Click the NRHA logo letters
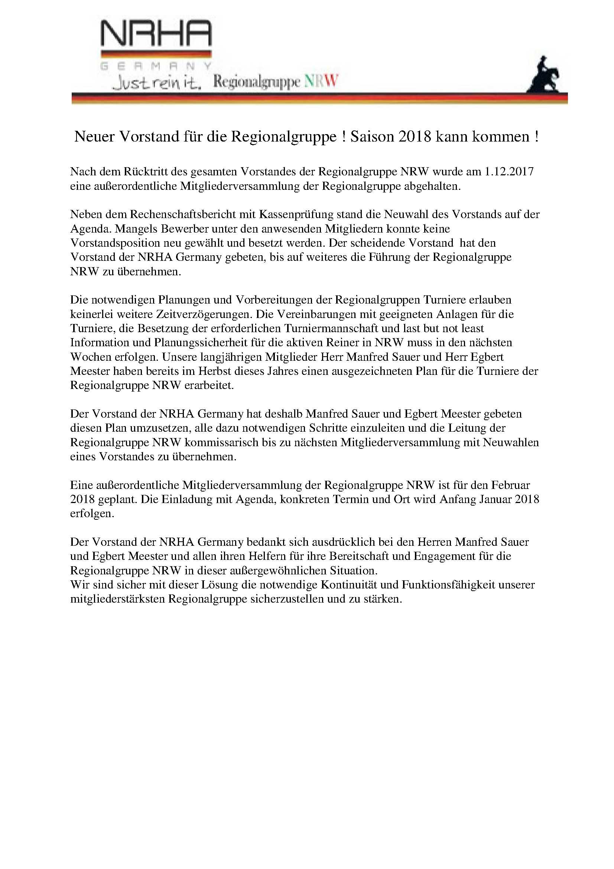point(156,34)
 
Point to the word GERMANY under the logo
point(156,66)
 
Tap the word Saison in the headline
point(372,137)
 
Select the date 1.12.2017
point(509,172)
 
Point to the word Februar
point(510,485)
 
